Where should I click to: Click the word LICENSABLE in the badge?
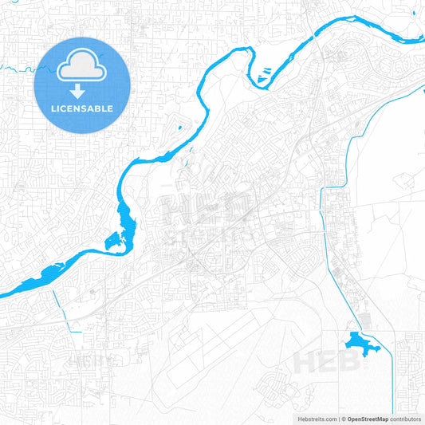pos(83,108)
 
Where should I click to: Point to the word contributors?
pos(405,418)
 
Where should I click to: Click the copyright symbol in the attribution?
pos(343,418)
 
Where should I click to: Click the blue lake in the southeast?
pos(356,344)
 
